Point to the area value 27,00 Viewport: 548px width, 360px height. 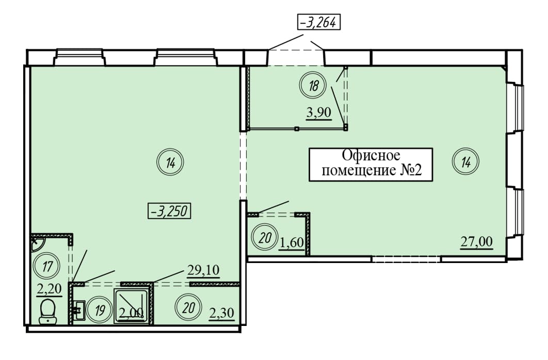coord(477,241)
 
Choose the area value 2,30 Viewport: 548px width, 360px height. coord(222,313)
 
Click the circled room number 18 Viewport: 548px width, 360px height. coord(313,86)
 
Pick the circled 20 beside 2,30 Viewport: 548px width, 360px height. coord(189,308)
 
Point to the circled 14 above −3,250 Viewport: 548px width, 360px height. coord(170,163)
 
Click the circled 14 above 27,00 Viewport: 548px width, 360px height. coord(465,162)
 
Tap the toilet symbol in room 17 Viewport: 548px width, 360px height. coord(48,310)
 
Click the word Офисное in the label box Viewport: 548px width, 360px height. coord(371,155)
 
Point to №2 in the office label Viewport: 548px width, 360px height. coord(412,171)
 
